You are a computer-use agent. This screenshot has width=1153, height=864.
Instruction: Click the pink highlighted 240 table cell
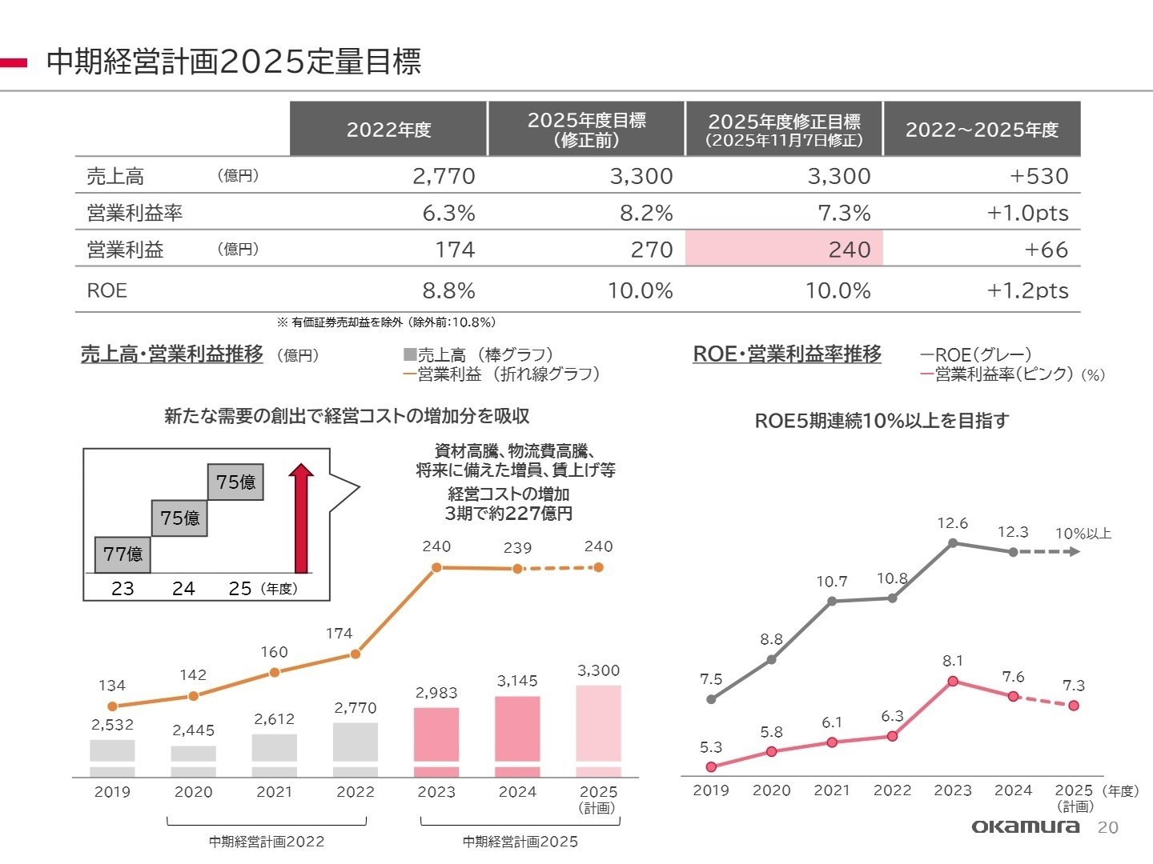784,249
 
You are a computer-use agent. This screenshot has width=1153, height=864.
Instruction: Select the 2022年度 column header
388,129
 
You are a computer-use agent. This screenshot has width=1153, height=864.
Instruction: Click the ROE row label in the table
107,290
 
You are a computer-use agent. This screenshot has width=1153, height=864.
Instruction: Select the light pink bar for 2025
598,723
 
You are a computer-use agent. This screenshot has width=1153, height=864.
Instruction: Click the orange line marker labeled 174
356,654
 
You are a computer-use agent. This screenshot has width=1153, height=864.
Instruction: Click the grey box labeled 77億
123,554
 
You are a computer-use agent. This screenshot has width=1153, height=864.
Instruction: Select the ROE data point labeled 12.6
953,543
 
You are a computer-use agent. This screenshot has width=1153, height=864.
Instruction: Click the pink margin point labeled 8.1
953,681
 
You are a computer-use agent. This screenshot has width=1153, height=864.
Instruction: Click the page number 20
1107,828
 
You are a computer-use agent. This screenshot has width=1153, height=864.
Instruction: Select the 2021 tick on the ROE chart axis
831,790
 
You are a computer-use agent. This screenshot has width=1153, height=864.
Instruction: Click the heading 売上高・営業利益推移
172,354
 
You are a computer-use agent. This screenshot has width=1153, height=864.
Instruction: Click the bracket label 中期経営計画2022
267,842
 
